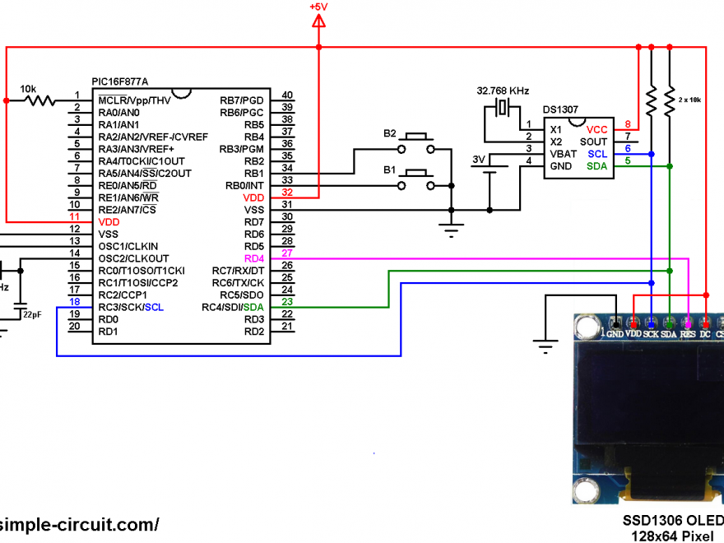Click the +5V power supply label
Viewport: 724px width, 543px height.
tap(318, 7)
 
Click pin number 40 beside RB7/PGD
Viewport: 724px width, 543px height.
tap(287, 95)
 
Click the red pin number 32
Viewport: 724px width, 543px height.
tap(287, 193)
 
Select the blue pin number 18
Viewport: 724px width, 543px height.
tap(75, 302)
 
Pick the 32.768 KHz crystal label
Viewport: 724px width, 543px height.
tap(503, 90)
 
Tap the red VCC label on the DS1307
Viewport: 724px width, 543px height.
tap(596, 129)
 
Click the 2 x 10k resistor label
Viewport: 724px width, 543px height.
tap(690, 99)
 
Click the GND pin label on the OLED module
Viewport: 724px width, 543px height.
tap(614, 334)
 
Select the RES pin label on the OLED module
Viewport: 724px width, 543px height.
tap(688, 334)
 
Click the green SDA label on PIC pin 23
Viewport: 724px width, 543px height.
tap(254, 308)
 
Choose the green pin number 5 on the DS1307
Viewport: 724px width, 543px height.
tap(628, 160)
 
